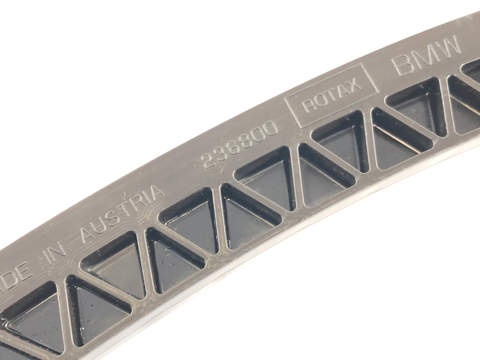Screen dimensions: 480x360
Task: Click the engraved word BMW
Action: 427,55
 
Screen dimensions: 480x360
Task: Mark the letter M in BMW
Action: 425,57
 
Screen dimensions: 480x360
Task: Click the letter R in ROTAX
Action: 308,105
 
